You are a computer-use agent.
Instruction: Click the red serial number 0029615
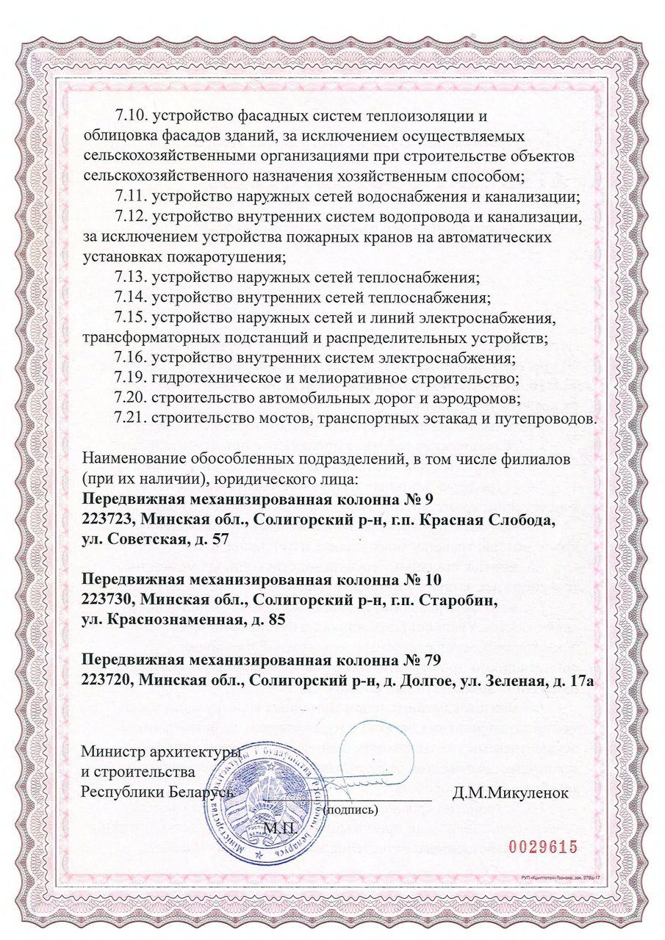(x=543, y=847)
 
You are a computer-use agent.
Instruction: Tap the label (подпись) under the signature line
(x=351, y=811)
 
